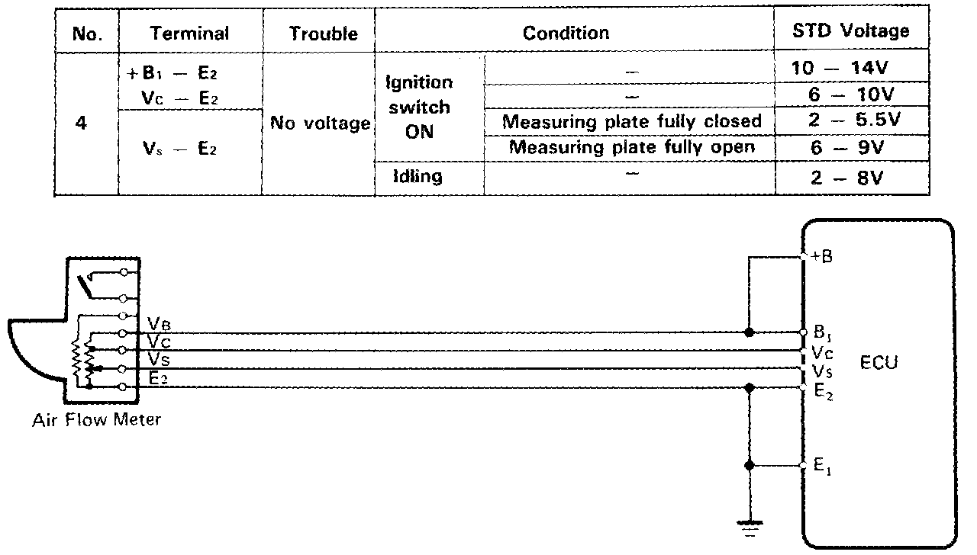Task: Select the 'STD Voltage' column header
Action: click(x=852, y=31)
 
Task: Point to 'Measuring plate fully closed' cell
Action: click(x=631, y=122)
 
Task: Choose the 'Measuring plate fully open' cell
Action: click(x=631, y=147)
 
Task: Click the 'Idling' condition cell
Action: click(x=418, y=177)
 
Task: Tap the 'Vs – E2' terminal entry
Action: click(x=180, y=150)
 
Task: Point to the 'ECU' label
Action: click(x=879, y=362)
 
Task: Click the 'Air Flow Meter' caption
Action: click(x=97, y=419)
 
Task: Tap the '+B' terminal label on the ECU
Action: click(x=821, y=257)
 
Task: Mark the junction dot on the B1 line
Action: click(x=750, y=333)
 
